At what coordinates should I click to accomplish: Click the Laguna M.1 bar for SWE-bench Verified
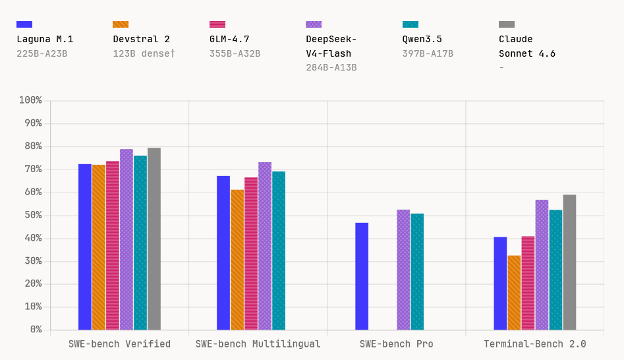pos(85,247)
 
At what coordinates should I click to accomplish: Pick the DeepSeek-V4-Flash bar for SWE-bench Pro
pos(403,270)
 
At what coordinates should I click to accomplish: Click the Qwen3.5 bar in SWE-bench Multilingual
pos(279,251)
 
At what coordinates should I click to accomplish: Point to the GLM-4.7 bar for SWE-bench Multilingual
pos(251,253)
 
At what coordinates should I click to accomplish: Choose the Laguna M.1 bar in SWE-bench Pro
pos(362,276)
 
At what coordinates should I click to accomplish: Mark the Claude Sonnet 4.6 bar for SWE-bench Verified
pos(154,239)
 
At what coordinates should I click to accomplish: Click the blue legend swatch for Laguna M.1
pos(24,24)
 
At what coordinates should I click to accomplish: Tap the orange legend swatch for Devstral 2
pos(121,24)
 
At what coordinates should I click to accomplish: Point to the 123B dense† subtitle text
pos(144,53)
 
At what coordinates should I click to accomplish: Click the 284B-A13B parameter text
pos(331,67)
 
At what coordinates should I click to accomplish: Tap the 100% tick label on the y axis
pos(30,100)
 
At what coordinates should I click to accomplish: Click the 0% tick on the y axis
pos(36,330)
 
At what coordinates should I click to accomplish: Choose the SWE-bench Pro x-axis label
pos(396,344)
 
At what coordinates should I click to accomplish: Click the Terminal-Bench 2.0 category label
pos(534,344)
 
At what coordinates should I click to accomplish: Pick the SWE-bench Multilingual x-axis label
pos(258,344)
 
